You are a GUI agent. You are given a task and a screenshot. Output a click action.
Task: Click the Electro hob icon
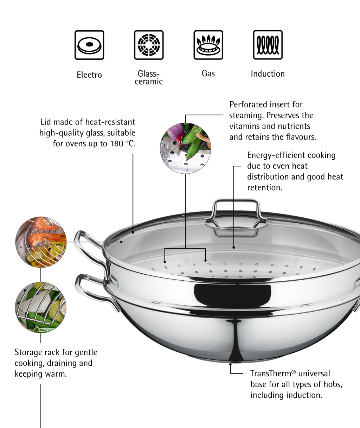(x=89, y=45)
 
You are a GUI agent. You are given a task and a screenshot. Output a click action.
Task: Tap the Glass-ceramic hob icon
(x=149, y=45)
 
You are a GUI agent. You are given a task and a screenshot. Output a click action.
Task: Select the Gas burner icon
(x=208, y=45)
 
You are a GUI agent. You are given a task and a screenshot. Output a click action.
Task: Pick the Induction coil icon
(x=268, y=45)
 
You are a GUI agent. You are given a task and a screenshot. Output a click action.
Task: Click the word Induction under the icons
(x=268, y=74)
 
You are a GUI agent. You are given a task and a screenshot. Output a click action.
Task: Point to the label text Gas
(x=208, y=74)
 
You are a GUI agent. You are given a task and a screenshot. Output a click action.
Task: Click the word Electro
(x=89, y=75)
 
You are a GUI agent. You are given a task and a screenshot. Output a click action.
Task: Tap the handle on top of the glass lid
(x=236, y=215)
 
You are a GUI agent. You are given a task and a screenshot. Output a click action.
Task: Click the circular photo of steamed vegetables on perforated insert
(x=185, y=148)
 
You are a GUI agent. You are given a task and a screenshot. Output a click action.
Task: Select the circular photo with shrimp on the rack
(x=41, y=242)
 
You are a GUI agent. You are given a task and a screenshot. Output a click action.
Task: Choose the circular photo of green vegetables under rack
(x=41, y=307)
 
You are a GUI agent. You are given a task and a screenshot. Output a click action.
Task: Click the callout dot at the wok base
(x=230, y=364)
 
